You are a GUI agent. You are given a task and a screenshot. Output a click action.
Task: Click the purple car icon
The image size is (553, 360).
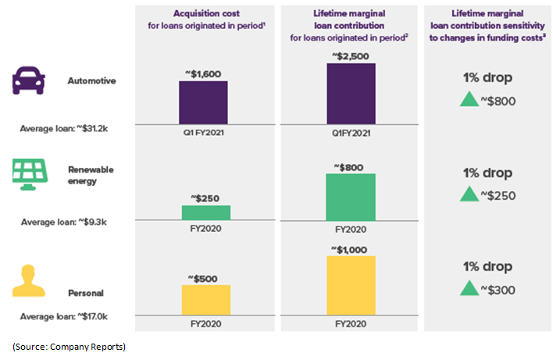click(x=27, y=80)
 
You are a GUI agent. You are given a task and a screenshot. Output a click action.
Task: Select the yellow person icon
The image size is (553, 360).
click(x=27, y=281)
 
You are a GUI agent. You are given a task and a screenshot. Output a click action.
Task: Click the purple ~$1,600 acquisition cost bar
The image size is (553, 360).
click(x=204, y=102)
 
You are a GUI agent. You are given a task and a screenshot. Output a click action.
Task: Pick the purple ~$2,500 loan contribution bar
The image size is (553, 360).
click(x=351, y=93)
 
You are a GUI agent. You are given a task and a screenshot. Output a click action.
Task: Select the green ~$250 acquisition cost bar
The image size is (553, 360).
click(x=206, y=212)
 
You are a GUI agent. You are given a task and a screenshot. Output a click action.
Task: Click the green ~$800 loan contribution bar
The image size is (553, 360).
click(x=351, y=197)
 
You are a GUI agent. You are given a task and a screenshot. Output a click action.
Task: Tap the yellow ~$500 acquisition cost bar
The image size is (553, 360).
click(x=206, y=300)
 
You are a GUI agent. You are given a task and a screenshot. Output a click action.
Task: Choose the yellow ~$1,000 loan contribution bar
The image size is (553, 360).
click(x=351, y=286)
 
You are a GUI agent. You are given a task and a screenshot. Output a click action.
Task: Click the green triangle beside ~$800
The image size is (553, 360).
click(x=469, y=100)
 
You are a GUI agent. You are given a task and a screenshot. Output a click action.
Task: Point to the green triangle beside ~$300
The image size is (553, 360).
click(x=469, y=288)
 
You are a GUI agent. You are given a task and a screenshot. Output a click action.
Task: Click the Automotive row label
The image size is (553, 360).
click(x=91, y=81)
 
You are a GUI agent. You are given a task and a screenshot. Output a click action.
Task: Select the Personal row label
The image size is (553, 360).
click(x=86, y=293)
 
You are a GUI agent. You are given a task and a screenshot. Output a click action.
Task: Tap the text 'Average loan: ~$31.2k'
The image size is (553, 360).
click(x=63, y=128)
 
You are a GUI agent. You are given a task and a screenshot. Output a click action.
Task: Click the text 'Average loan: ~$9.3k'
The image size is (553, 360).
click(x=63, y=222)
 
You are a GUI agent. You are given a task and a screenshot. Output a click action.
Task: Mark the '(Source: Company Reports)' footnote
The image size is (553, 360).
click(x=69, y=346)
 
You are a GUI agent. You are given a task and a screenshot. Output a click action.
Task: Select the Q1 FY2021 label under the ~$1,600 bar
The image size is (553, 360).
click(x=204, y=133)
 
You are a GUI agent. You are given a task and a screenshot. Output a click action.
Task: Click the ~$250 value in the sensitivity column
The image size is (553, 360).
click(x=498, y=195)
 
